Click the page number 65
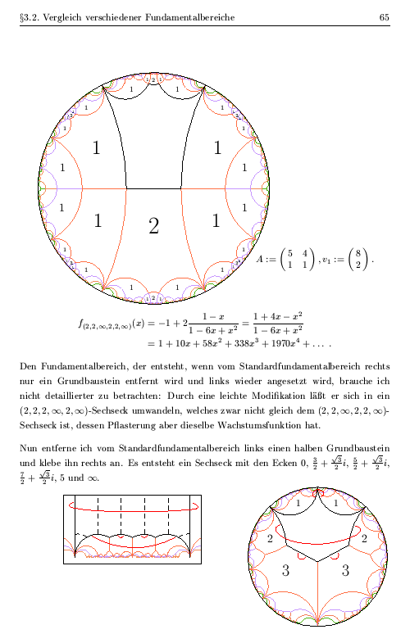pyautogui.click(x=384, y=17)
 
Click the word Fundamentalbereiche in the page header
pyautogui.click(x=197, y=17)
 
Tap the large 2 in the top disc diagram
pyautogui.click(x=153, y=227)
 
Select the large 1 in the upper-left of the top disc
pyautogui.click(x=97, y=148)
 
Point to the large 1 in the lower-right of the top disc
pyautogui.click(x=216, y=220)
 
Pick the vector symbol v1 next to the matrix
pyautogui.click(x=326, y=259)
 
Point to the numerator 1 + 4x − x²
pyautogui.click(x=278, y=315)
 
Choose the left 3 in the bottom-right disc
pyautogui.click(x=285, y=571)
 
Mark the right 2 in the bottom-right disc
pyautogui.click(x=364, y=538)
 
